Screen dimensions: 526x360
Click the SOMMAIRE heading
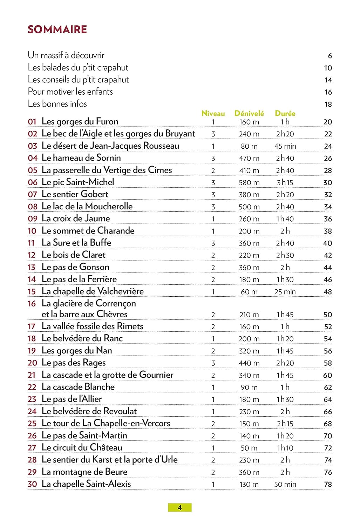pyautogui.click(x=57, y=29)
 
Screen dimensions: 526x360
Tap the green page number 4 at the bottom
pyautogui.click(x=180, y=507)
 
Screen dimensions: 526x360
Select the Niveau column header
pyautogui.click(x=213, y=113)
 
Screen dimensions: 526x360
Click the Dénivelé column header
pyautogui.click(x=249, y=113)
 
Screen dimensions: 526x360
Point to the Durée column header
pyautogui.click(x=285, y=113)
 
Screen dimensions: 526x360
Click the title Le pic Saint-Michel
pyautogui.click(x=78, y=182)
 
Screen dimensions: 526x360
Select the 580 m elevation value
pyautogui.click(x=249, y=183)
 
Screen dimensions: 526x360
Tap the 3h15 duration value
pyautogui.click(x=285, y=183)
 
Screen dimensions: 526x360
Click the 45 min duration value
pyautogui.click(x=285, y=146)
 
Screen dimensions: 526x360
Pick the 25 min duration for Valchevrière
pyautogui.click(x=285, y=292)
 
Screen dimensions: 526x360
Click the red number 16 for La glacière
pyautogui.click(x=32, y=304)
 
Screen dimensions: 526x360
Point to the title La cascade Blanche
pyautogui.click(x=78, y=387)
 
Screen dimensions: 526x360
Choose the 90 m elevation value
pyautogui.click(x=249, y=387)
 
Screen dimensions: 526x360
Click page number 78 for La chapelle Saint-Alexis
pyautogui.click(x=328, y=484)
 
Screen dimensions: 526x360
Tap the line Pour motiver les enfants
pyautogui.click(x=70, y=92)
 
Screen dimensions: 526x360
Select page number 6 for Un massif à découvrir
pyautogui.click(x=330, y=56)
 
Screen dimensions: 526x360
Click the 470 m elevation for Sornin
pyautogui.click(x=249, y=159)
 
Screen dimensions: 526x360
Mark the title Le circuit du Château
pyautogui.click(x=82, y=447)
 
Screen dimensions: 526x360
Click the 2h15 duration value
pyautogui.click(x=285, y=424)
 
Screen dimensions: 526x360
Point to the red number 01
pyautogui.click(x=32, y=122)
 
